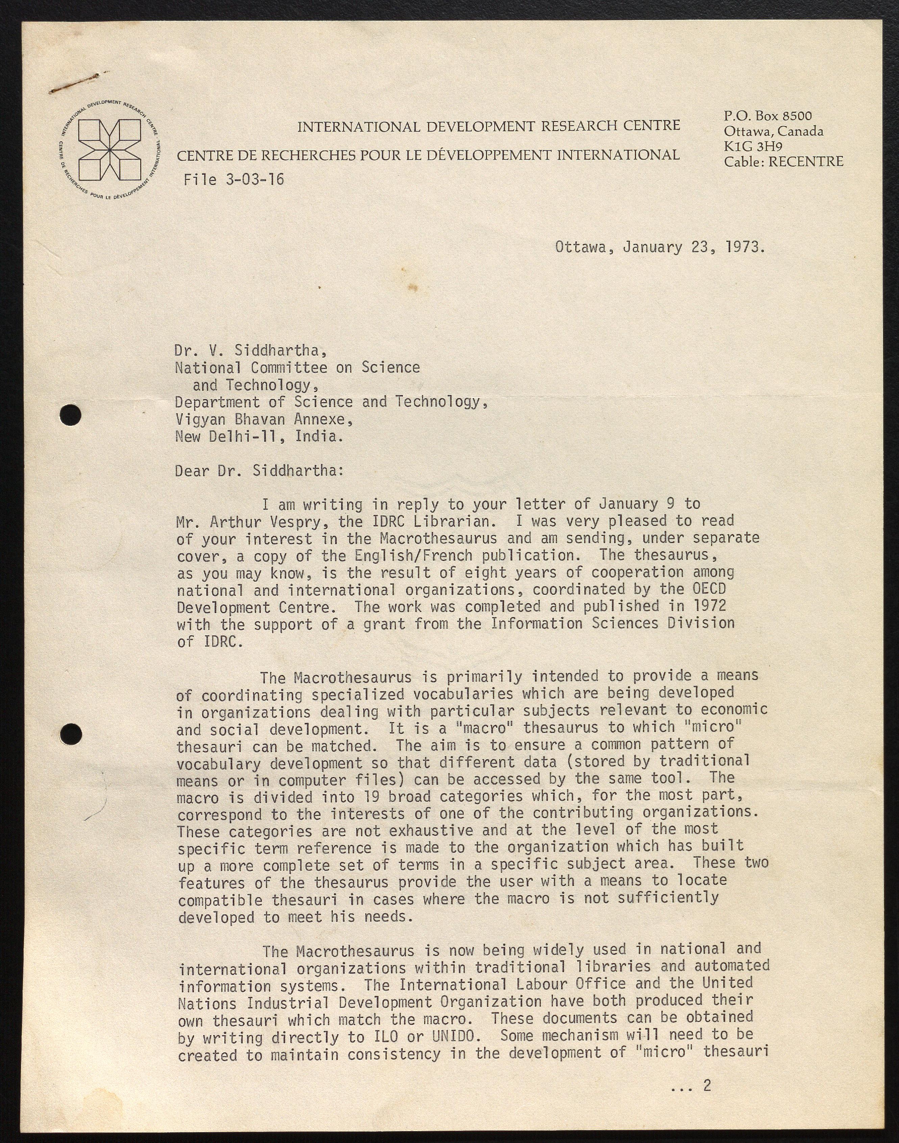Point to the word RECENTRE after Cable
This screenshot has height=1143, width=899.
[805, 161]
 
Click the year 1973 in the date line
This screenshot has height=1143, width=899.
[744, 247]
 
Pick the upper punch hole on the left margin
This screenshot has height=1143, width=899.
[71, 415]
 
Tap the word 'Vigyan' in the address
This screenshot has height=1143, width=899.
[200, 419]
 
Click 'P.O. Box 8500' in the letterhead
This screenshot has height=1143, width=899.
[768, 116]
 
